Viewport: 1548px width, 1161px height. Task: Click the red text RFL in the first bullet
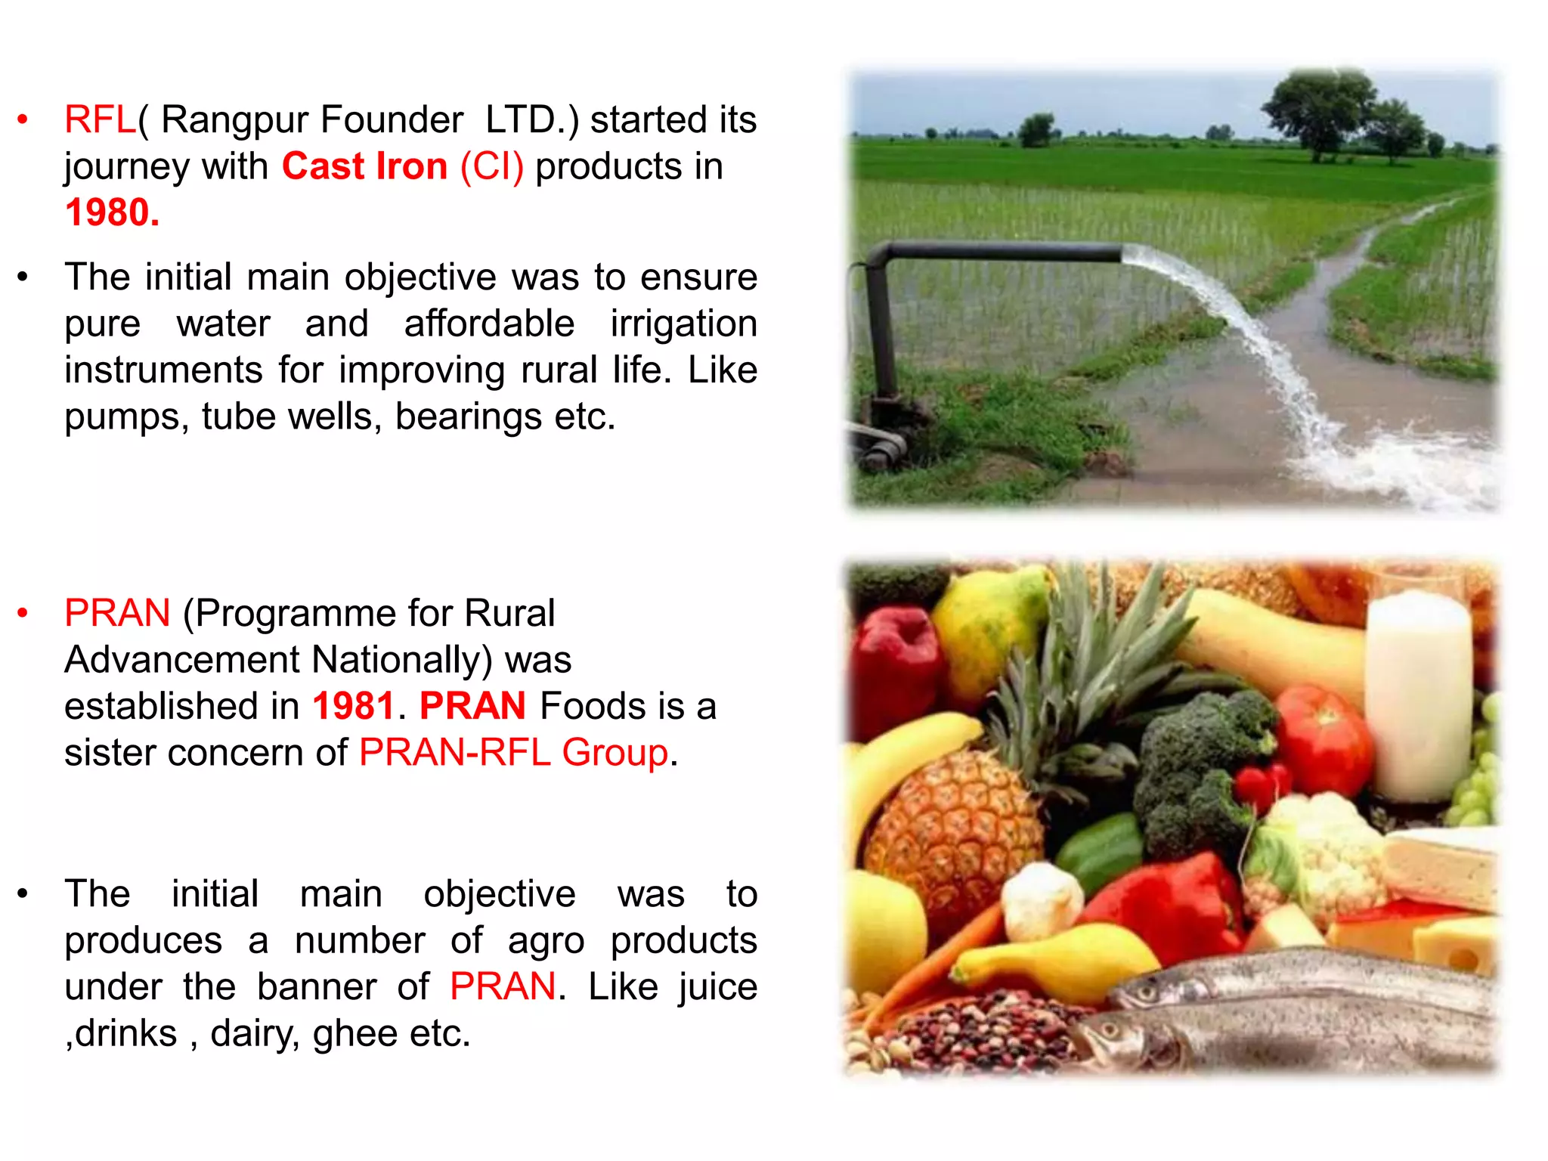100,119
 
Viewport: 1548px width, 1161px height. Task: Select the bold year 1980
112,212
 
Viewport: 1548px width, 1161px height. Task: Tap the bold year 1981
354,706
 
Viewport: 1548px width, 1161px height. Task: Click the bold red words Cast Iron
364,166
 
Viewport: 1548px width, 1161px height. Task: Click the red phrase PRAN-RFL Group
514,753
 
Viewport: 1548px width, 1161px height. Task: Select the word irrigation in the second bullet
683,324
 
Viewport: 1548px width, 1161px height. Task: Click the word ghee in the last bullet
354,1033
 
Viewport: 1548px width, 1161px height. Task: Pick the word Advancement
181,660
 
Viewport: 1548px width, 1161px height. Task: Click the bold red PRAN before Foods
472,706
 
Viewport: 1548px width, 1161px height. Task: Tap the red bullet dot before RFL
23,119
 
